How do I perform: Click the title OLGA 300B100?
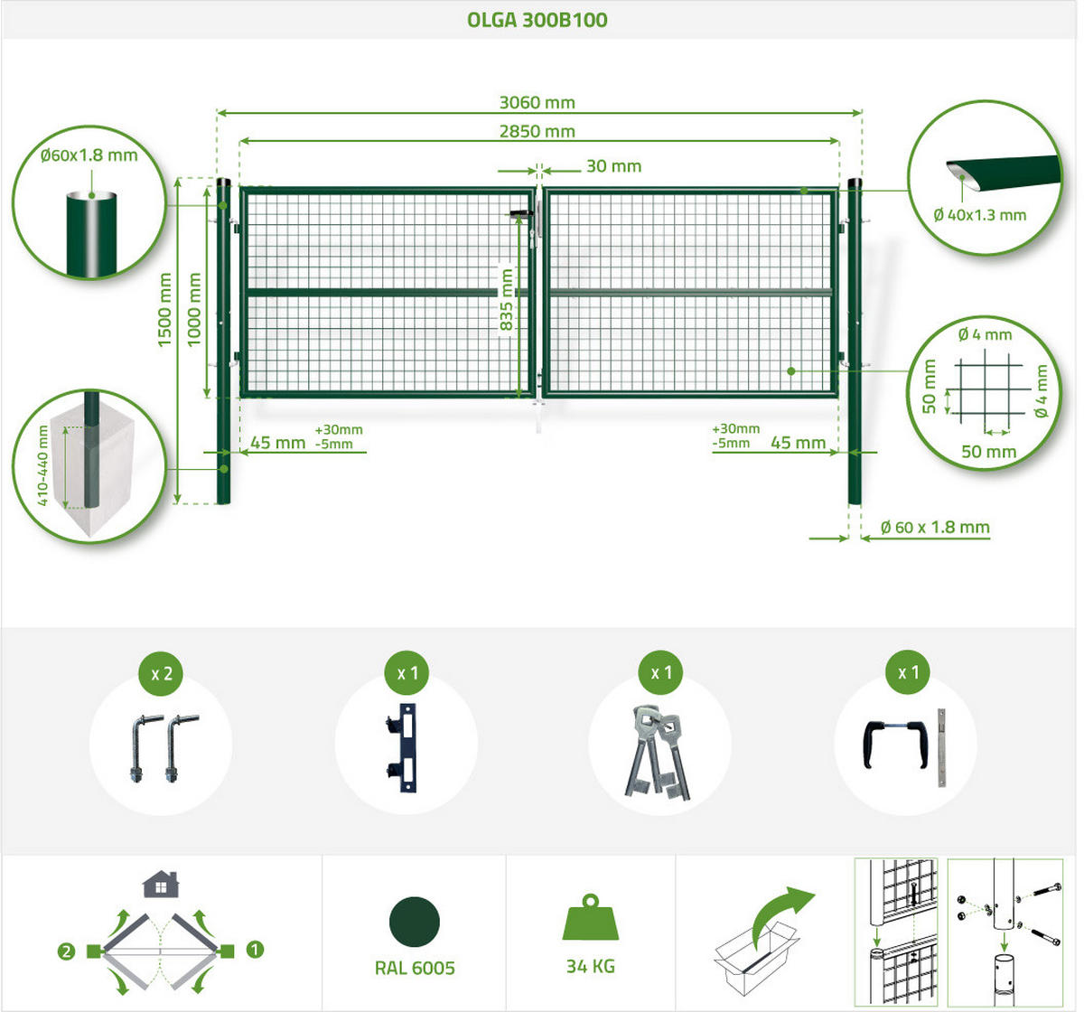(537, 20)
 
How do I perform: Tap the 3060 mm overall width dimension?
(537, 103)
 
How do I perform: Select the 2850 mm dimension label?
(537, 132)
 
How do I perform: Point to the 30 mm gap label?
(613, 166)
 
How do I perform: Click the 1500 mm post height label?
(164, 310)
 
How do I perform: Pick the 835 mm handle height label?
(507, 299)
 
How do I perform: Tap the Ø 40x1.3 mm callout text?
(980, 215)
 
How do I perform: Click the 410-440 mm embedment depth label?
(42, 465)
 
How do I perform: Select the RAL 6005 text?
(415, 969)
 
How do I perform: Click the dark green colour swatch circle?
(415, 922)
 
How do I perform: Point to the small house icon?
(161, 885)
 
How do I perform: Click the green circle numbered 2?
(66, 952)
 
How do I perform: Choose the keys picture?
(657, 752)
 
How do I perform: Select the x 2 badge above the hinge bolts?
(162, 673)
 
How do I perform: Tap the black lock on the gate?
(522, 214)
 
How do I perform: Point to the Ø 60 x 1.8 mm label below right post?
(935, 527)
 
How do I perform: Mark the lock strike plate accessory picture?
(405, 747)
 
